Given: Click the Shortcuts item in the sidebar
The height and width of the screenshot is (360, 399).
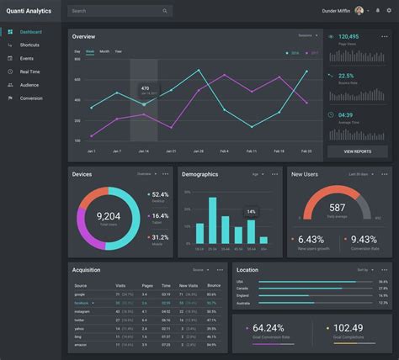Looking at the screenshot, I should coord(29,45).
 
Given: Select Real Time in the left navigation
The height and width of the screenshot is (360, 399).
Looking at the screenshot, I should coord(29,71).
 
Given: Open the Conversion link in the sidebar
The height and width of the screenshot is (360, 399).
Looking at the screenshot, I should coord(31,98).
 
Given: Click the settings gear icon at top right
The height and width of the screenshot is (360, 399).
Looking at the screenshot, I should coord(389,11).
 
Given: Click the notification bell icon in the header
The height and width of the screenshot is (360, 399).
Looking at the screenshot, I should coord(378,11).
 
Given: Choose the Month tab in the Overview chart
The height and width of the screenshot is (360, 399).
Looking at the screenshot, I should coord(104,51).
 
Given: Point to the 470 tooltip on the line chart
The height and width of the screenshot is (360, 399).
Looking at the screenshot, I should coord(145,89).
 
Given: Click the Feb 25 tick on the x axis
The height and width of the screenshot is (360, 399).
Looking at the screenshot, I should coord(306,151).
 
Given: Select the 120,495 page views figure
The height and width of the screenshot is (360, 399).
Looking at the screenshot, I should coord(348,37).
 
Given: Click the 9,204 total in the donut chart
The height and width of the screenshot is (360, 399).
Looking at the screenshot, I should coord(109,216).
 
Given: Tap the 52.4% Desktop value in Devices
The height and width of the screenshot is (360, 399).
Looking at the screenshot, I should coord(160,194).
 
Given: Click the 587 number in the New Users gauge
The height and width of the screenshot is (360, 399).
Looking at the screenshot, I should coord(337,207).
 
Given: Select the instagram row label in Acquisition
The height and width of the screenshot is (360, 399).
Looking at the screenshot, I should coord(82,311).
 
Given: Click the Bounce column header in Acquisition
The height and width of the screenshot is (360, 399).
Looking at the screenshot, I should coord(214,286).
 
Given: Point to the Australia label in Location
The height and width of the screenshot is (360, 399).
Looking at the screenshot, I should coord(245,302).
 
